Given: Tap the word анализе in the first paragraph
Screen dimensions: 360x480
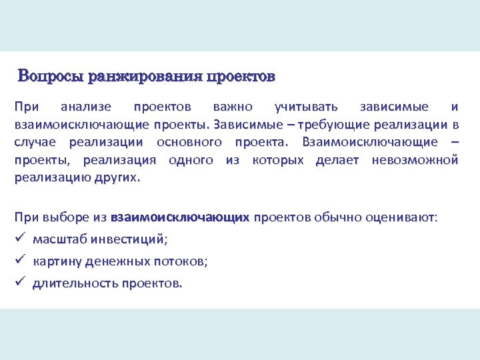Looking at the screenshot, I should coord(85,107).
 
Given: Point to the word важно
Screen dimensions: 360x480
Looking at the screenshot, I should coord(233,107).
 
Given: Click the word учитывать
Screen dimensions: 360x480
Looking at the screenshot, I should coord(306,107).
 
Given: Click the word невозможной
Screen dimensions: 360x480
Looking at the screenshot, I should coord(415,160).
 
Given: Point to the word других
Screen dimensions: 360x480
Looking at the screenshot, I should coord(120,178).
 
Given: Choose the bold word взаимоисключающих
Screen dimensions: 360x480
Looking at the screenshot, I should coord(180,217).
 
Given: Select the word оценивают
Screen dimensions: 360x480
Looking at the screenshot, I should coord(401,217).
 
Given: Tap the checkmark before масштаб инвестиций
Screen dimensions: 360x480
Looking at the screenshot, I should coord(19,239).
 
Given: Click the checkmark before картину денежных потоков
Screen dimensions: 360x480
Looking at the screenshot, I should coord(19,261).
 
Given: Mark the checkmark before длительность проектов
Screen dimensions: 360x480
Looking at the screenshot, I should coord(19,283).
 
